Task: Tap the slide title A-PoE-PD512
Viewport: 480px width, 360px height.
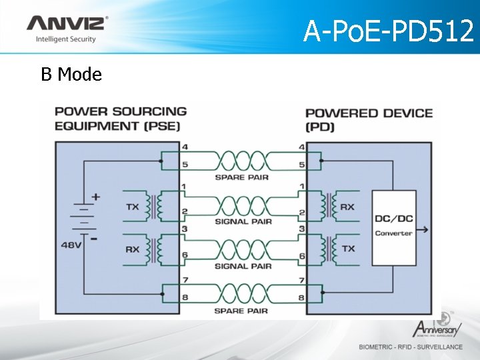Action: point(388,31)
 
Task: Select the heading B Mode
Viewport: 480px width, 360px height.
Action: point(71,75)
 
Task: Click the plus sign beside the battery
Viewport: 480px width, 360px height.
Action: point(96,197)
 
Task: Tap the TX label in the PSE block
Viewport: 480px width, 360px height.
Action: point(133,207)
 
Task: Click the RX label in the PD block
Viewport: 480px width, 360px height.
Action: point(347,207)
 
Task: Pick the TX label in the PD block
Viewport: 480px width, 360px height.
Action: point(348,248)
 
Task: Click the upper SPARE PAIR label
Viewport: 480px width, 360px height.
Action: point(243,177)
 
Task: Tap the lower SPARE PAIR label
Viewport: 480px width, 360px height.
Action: point(243,311)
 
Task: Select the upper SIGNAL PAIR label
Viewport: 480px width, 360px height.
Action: point(243,221)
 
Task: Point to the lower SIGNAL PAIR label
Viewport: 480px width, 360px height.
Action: point(243,266)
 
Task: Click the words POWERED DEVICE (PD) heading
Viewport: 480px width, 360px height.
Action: point(369,119)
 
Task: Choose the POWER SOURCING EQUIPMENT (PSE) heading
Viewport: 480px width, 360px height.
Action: point(120,118)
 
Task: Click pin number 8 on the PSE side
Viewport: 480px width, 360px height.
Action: point(185,298)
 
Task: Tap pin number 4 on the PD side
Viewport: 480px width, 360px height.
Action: point(302,147)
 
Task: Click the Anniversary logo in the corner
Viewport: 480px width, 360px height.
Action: point(437,327)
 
